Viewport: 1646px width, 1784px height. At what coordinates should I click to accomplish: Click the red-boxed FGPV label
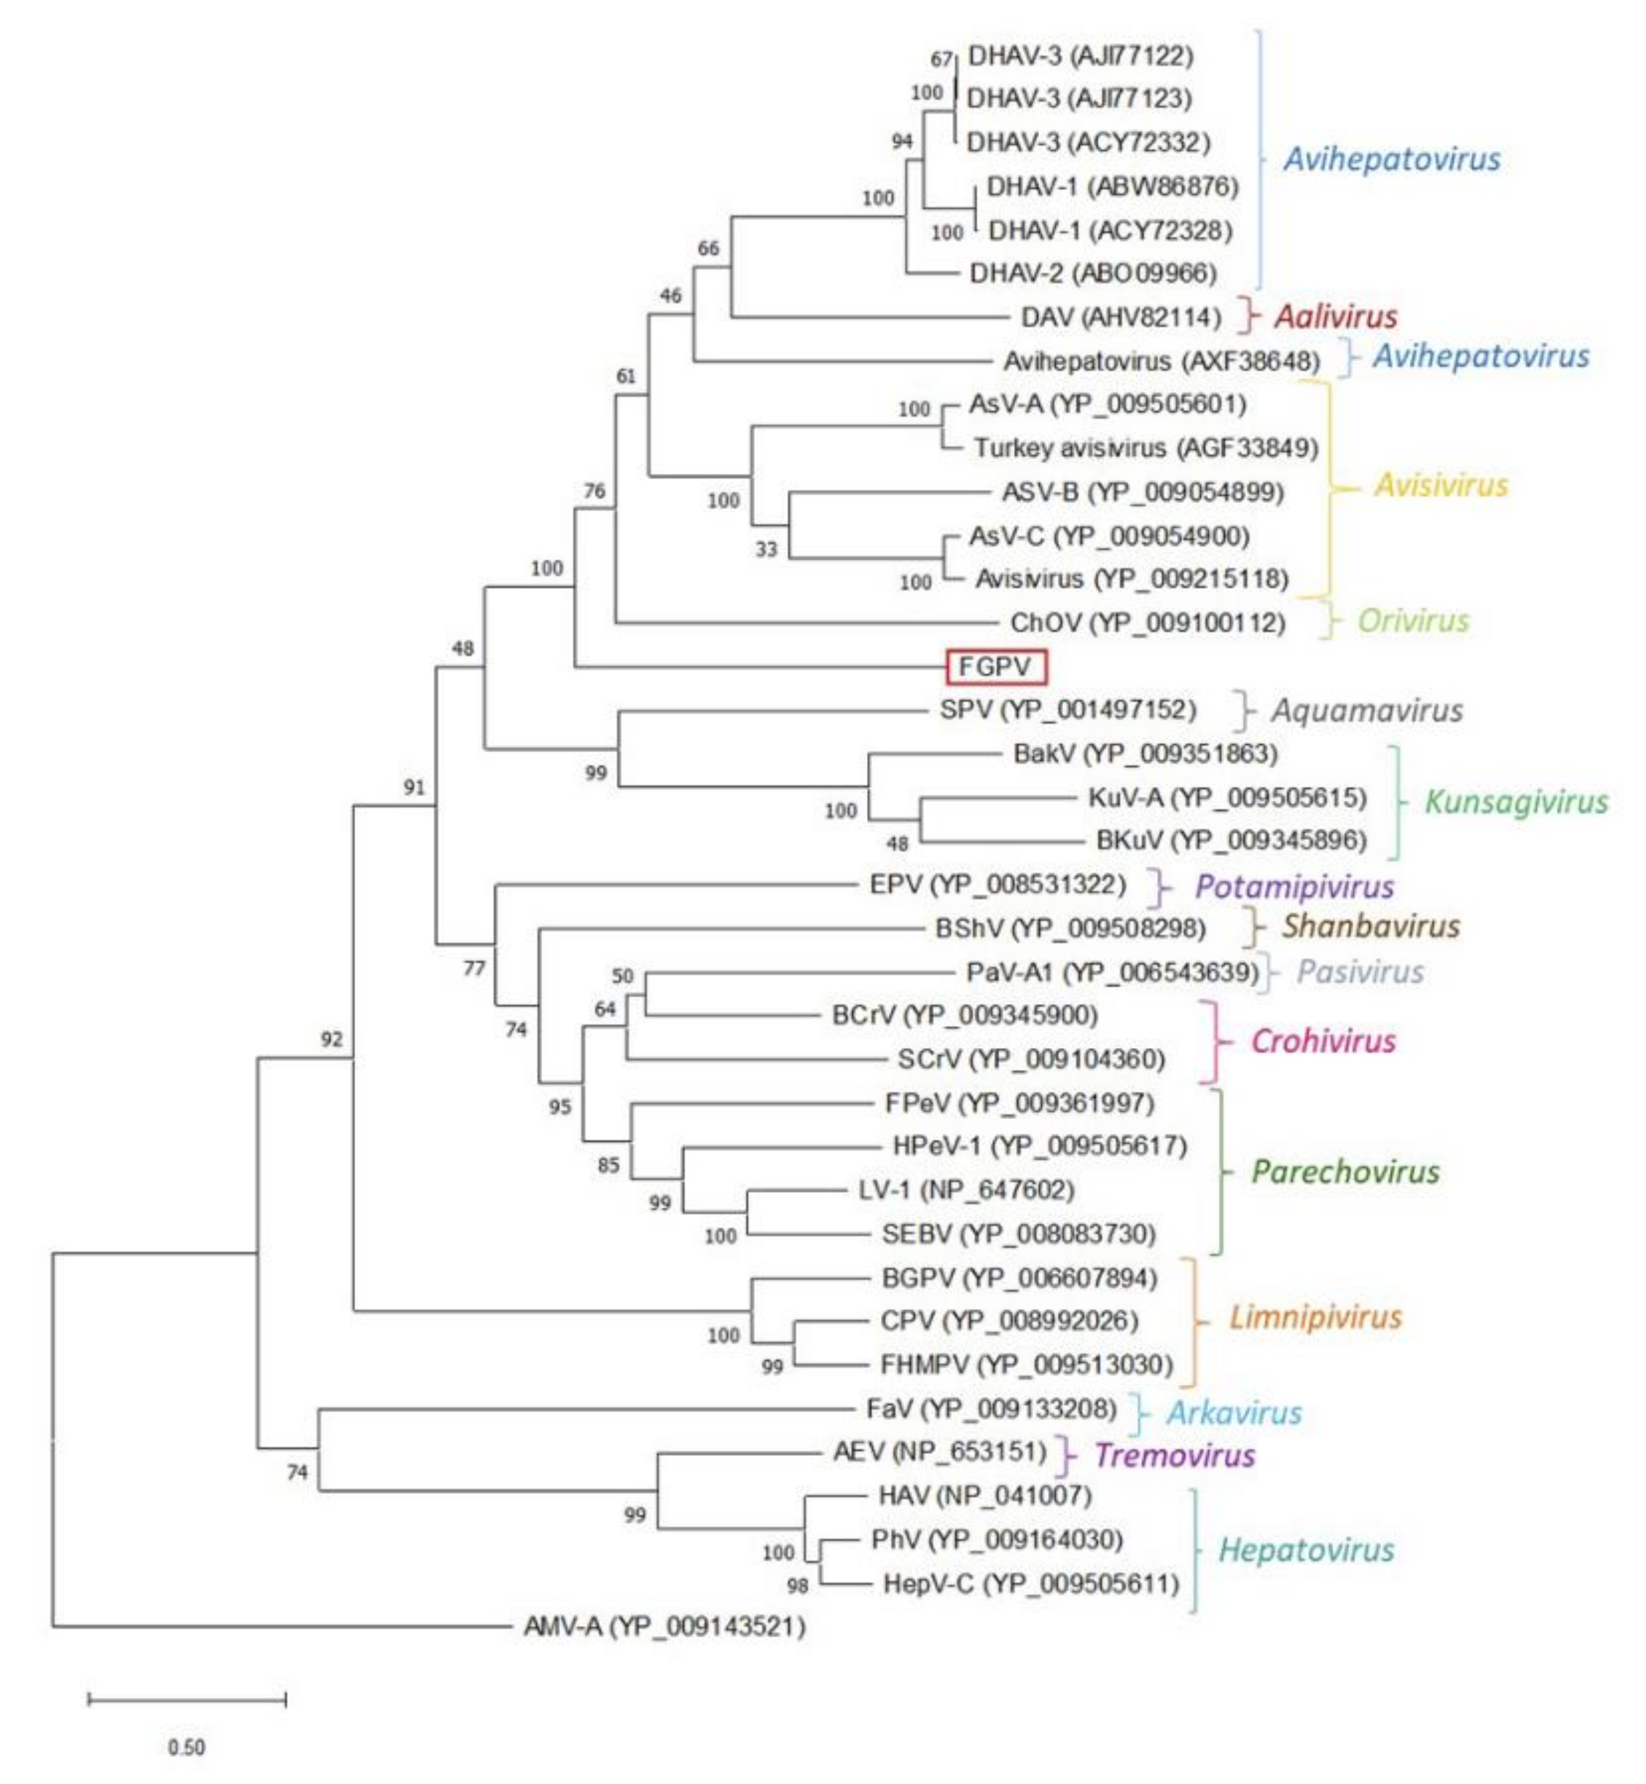coord(996,667)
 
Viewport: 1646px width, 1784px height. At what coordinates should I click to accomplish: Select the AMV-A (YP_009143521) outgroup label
coord(664,1627)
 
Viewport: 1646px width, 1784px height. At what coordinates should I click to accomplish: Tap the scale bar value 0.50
coord(186,1747)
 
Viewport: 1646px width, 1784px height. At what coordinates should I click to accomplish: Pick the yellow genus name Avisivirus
coord(1441,486)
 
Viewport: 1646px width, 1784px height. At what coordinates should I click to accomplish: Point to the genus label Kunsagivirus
coord(1516,802)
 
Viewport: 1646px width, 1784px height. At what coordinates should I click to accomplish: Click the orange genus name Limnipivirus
coord(1316,1317)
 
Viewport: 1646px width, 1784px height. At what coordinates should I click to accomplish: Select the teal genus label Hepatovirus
coord(1306,1550)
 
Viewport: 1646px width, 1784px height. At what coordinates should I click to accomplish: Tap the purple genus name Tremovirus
coord(1174,1455)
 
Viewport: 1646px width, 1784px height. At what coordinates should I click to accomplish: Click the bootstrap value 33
coord(767,549)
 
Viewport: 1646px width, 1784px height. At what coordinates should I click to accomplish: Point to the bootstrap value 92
coord(332,1039)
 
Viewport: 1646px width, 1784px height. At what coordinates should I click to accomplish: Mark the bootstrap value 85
coord(608,1165)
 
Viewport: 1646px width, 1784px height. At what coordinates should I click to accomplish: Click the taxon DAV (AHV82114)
coord(1120,317)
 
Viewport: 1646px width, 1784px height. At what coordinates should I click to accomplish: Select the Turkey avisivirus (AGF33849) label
coord(1145,447)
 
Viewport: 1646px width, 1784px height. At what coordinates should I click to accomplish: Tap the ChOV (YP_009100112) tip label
coord(1147,622)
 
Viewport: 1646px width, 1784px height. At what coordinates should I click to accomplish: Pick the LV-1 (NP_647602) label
coord(967,1190)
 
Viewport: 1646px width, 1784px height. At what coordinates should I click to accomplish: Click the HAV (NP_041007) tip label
coord(984,1495)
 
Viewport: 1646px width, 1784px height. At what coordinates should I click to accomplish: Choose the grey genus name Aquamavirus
coord(1366,711)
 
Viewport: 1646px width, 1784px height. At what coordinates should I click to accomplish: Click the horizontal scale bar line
coord(187,1699)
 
